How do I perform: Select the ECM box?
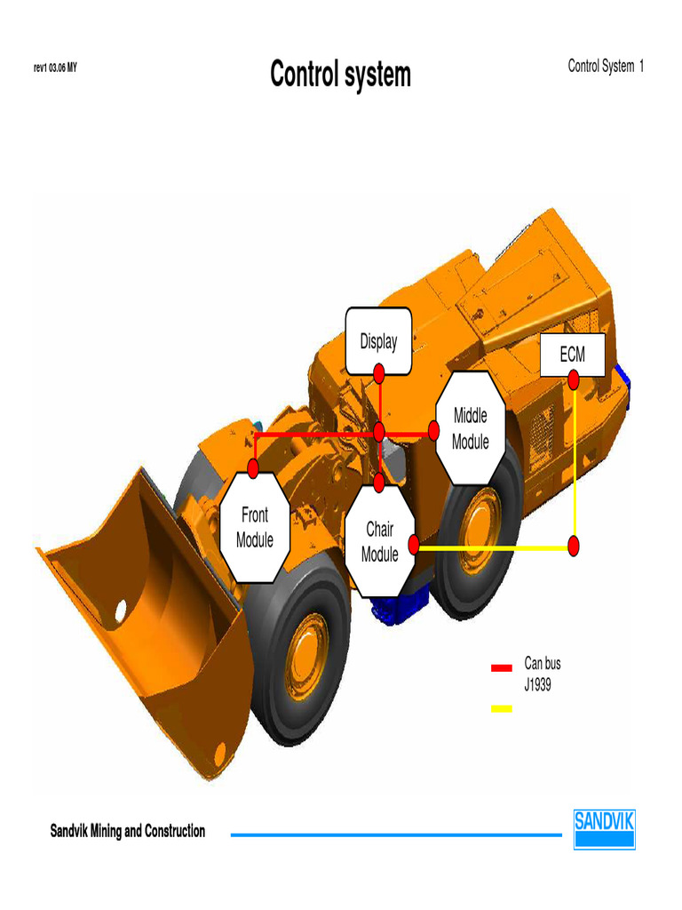pyautogui.click(x=573, y=355)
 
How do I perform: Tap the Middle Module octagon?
pyautogui.click(x=471, y=428)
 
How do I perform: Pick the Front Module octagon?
pyautogui.click(x=255, y=527)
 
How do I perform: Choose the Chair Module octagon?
pyautogui.click(x=380, y=542)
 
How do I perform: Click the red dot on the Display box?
pyautogui.click(x=379, y=372)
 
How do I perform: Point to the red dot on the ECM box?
pyautogui.click(x=574, y=379)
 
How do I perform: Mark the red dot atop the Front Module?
pyautogui.click(x=253, y=467)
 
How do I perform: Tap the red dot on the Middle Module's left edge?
pyautogui.click(x=434, y=431)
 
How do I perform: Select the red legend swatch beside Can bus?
pyautogui.click(x=502, y=667)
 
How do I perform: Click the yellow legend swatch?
pyautogui.click(x=502, y=708)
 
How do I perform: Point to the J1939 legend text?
pyautogui.click(x=538, y=685)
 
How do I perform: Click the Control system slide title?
pyautogui.click(x=341, y=75)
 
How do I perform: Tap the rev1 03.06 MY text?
pyautogui.click(x=55, y=68)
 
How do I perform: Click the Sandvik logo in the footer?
pyautogui.click(x=604, y=828)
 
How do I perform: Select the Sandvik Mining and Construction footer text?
pyautogui.click(x=128, y=832)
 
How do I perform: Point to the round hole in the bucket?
pyautogui.click(x=120, y=611)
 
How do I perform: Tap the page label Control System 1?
pyautogui.click(x=606, y=67)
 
